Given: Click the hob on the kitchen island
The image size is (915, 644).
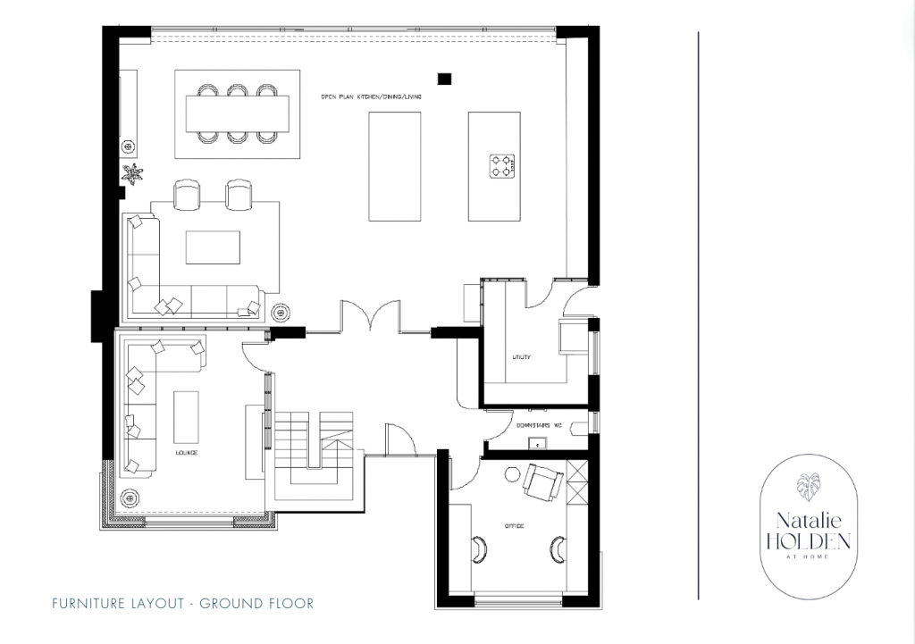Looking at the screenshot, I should [502, 166].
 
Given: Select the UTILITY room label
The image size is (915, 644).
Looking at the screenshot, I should [521, 357].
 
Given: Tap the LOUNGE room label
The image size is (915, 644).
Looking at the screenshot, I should [187, 454].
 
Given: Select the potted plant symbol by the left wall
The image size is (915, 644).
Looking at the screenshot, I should [133, 174].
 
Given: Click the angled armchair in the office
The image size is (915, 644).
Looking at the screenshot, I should [541, 482].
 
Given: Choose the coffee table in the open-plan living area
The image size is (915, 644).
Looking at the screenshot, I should [213, 247].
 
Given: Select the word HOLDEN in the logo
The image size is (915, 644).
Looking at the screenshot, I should [807, 540].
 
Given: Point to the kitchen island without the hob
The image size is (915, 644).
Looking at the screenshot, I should [394, 166].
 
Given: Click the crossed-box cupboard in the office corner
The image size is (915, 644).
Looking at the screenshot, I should [577, 483].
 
